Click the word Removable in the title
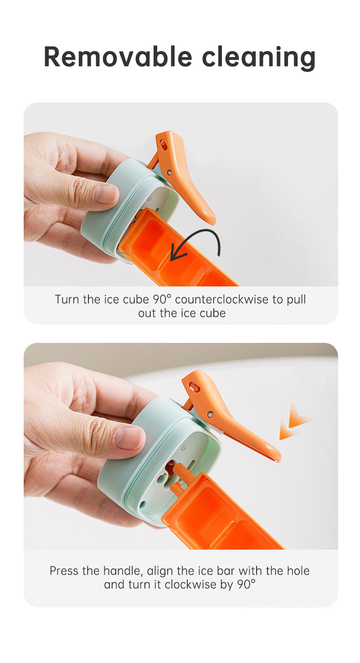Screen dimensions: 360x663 tap(118, 57)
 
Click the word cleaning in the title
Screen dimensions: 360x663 tap(259, 59)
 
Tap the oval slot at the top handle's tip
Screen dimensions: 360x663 tap(163, 144)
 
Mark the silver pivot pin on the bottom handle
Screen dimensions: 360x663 tap(210, 414)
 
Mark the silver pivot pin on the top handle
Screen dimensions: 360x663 tap(170, 171)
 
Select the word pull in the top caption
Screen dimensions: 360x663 tap(296, 300)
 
